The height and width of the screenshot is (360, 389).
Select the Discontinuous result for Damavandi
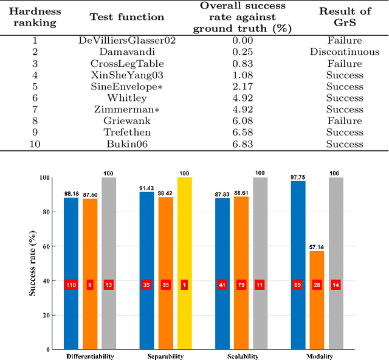coord(345,52)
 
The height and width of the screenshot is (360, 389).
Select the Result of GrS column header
coord(345,17)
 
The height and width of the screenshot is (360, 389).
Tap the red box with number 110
coord(71,285)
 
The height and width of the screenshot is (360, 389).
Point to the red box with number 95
coord(165,285)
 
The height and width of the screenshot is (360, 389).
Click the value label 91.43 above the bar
coord(146,189)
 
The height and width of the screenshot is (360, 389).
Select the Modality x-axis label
coord(316,356)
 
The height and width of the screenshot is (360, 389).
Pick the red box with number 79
coord(241,285)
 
